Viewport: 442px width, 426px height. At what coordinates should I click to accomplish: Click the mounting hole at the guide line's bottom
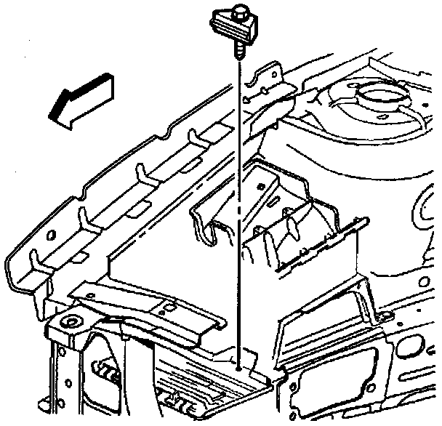pyautogui.click(x=239, y=368)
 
